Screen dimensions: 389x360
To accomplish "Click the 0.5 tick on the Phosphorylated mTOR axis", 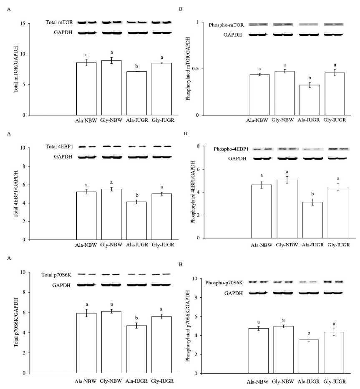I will tap(202, 69).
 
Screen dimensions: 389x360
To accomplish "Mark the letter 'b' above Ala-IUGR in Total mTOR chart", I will tap(136, 66).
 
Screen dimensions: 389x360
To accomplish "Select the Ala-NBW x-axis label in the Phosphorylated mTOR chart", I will tap(259, 124).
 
